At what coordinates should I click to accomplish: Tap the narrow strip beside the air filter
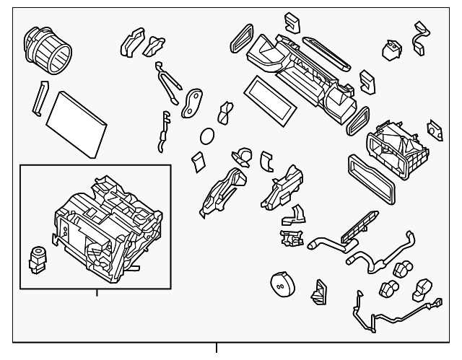(x=38, y=99)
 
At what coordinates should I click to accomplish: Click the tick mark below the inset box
(x=97, y=294)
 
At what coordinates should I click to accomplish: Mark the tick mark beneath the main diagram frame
(x=217, y=350)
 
